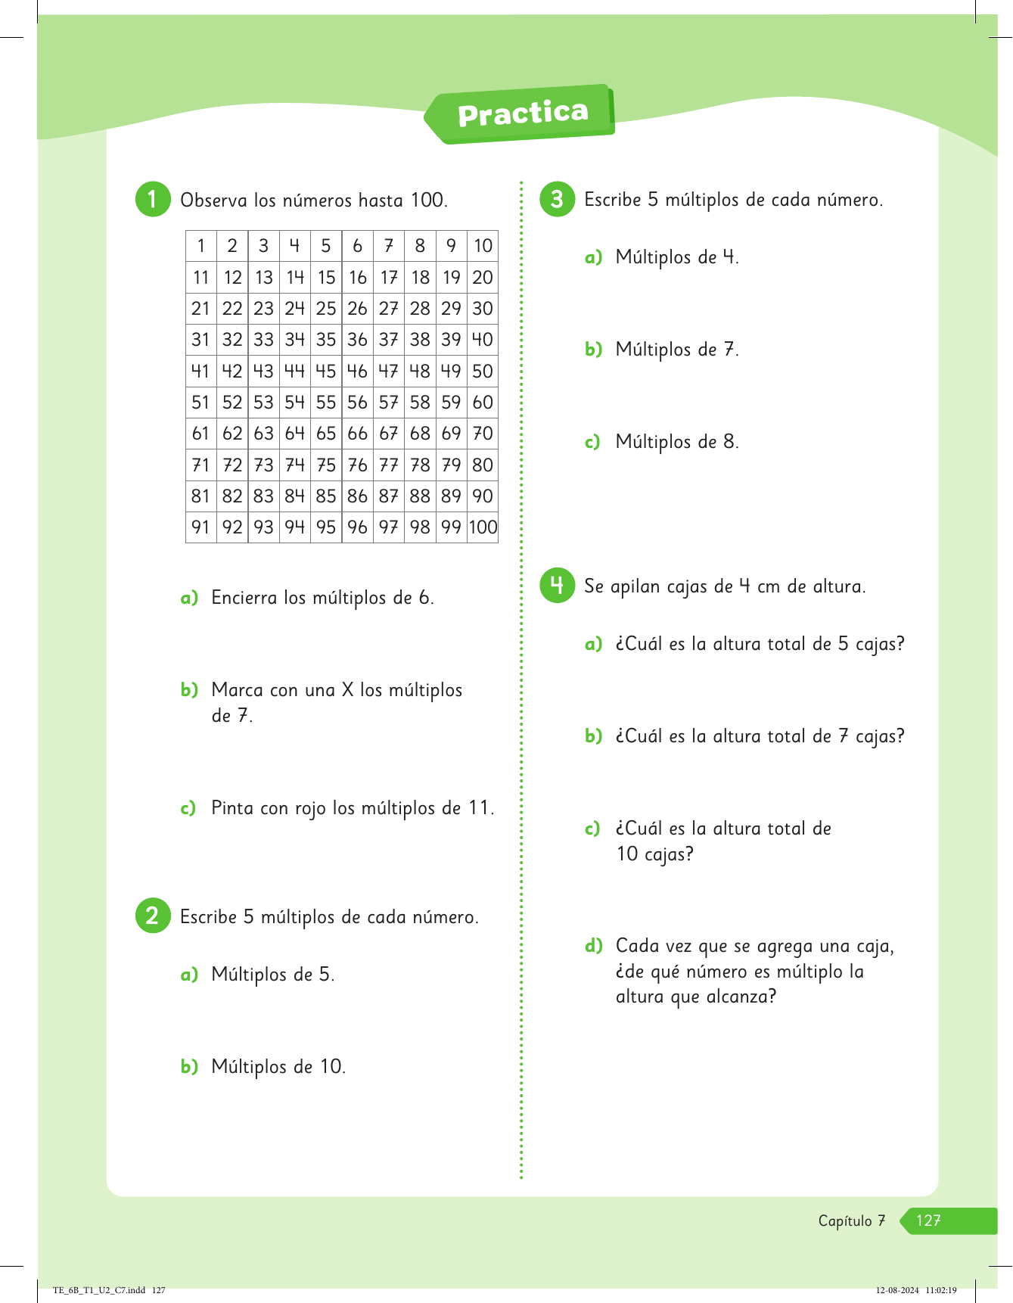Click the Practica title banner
pyautogui.click(x=522, y=114)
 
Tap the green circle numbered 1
pyautogui.click(x=153, y=199)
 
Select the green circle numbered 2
pyautogui.click(x=153, y=916)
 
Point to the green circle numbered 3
pyautogui.click(x=558, y=199)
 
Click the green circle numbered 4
pyautogui.click(x=558, y=586)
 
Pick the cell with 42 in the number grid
pyautogui.click(x=232, y=371)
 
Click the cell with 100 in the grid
pyautogui.click(x=483, y=527)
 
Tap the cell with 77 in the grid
pyautogui.click(x=389, y=465)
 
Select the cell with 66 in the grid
pyautogui.click(x=357, y=434)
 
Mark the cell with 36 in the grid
pyautogui.click(x=357, y=340)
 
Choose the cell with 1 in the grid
pyautogui.click(x=200, y=246)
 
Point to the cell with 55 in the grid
pyautogui.click(x=326, y=403)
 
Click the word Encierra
pyautogui.click(x=244, y=598)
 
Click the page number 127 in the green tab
pyautogui.click(x=928, y=1221)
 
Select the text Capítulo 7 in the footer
pyautogui.click(x=852, y=1221)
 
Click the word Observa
pyautogui.click(x=213, y=201)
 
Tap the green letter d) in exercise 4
pyautogui.click(x=593, y=946)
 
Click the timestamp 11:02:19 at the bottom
pyautogui.click(x=940, y=1290)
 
